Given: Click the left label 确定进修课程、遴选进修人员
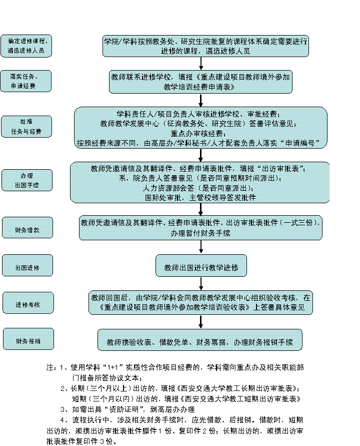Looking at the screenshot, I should pos(26,46).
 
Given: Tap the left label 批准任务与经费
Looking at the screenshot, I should pos(26,127).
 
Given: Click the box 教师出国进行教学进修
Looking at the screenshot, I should pos(201,265).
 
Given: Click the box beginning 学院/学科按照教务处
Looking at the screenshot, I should pos(205,46).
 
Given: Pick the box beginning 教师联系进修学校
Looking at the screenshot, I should pos(200,82).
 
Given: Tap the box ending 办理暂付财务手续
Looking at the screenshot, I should pos(200,227).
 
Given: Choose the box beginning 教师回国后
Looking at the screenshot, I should pos(200,302).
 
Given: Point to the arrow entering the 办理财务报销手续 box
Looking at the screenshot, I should pos(201,322).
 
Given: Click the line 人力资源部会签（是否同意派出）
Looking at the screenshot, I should pos(200,189).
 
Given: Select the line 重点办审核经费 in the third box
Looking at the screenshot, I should pos(200,133).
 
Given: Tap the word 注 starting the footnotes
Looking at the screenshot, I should pos(50,367).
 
